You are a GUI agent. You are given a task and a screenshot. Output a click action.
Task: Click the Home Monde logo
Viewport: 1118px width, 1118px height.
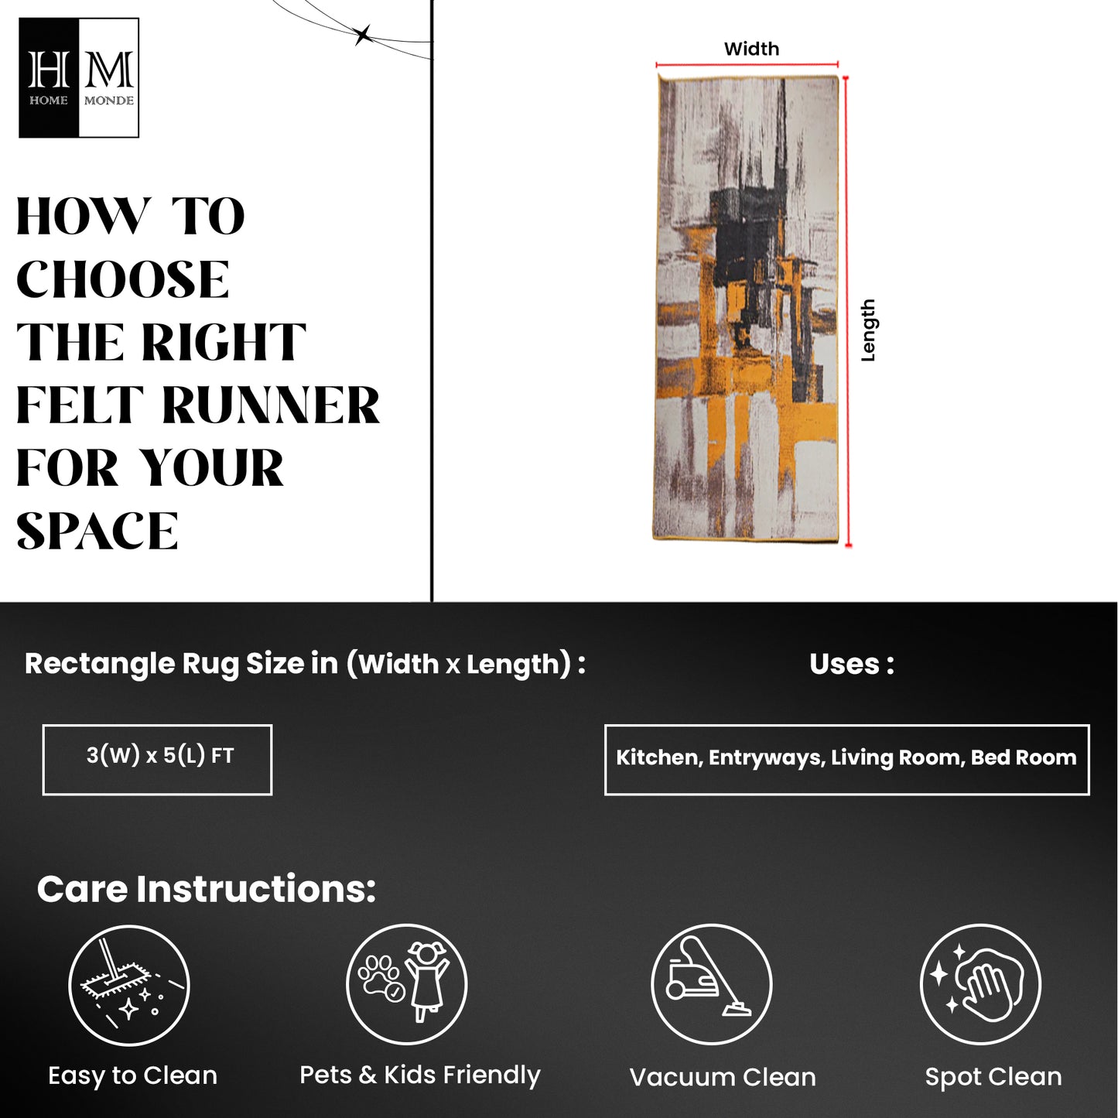[x=79, y=77]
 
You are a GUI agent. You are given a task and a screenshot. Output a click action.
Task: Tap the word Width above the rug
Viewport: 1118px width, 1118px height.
[x=751, y=49]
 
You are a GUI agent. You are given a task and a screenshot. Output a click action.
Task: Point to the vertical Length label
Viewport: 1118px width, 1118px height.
[x=867, y=330]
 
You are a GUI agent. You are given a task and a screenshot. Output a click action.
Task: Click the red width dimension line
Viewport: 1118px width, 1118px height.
[x=747, y=64]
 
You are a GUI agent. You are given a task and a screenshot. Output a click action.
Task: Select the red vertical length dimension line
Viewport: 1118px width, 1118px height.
[x=847, y=311]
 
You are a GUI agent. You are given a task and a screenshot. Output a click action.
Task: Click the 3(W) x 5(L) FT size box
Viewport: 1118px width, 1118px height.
[x=157, y=760]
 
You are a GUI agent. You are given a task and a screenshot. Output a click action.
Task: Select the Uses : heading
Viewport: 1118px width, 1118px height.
[x=852, y=664]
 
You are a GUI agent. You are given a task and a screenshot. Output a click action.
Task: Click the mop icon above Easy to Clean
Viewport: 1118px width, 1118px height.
[x=128, y=986]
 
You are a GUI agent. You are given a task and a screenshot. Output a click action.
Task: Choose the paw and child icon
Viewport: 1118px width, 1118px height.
[x=407, y=985]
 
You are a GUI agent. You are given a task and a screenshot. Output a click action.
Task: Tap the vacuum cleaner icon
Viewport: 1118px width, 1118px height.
[x=711, y=985]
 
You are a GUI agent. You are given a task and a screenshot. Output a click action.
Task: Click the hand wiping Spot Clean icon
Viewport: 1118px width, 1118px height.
[x=980, y=985]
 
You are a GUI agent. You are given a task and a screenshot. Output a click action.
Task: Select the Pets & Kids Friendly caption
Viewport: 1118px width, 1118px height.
[x=420, y=1075]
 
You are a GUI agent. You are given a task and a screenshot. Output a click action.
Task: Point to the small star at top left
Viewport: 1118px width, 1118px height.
[x=363, y=36]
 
